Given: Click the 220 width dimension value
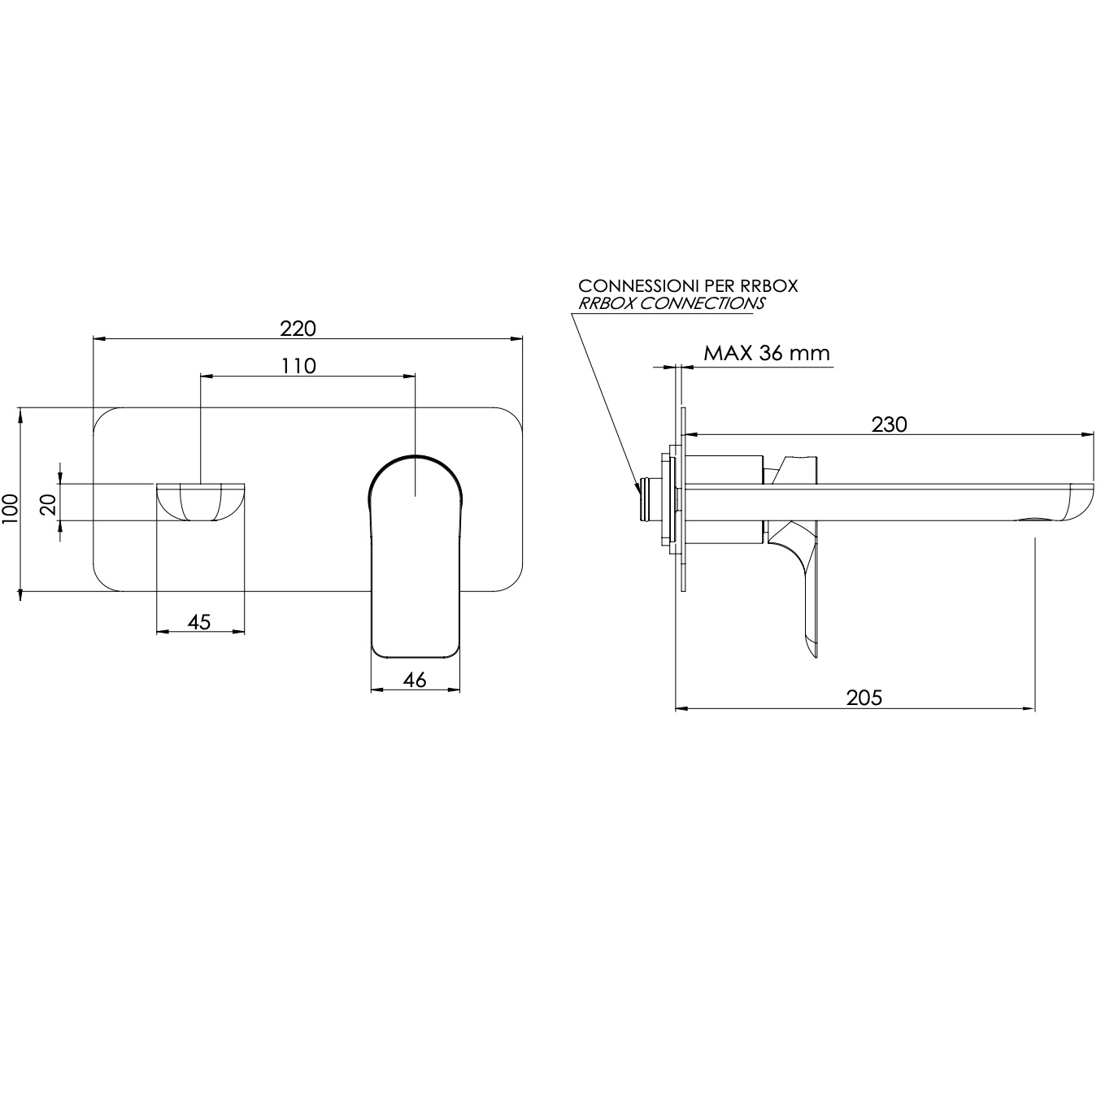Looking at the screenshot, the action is point(298,329).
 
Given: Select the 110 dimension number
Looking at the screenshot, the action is point(298,366).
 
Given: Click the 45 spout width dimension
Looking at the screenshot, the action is point(199,621).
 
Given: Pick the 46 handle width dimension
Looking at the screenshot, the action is point(415,680).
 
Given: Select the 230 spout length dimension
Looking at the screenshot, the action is point(889,424).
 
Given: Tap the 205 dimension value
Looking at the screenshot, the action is point(864,698).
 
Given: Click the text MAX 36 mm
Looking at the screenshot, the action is point(766,353).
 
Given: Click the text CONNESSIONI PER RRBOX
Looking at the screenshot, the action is point(688,285).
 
